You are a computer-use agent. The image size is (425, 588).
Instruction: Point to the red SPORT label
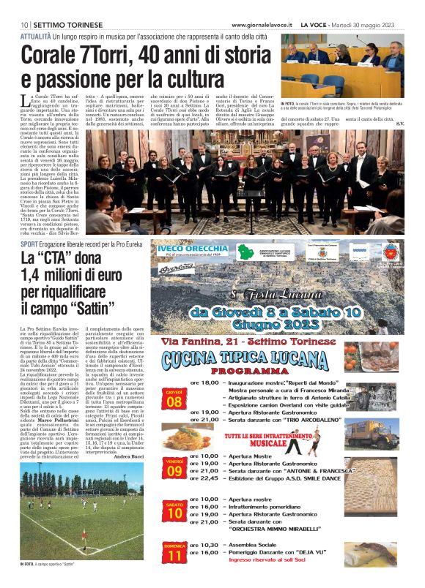pyautogui.click(x=29, y=244)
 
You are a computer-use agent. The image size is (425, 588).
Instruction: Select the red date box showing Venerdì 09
pyautogui.click(x=174, y=466)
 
